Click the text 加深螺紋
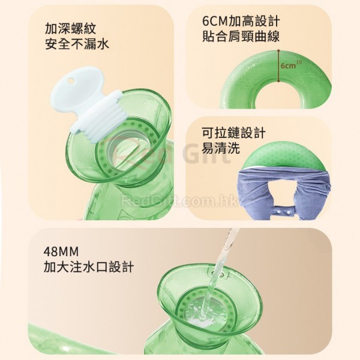70,28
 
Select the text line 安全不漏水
77,44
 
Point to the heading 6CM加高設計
241,21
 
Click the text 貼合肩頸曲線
241,37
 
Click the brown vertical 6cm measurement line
279,65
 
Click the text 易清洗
221,148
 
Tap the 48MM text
61,252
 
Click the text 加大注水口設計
89,267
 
